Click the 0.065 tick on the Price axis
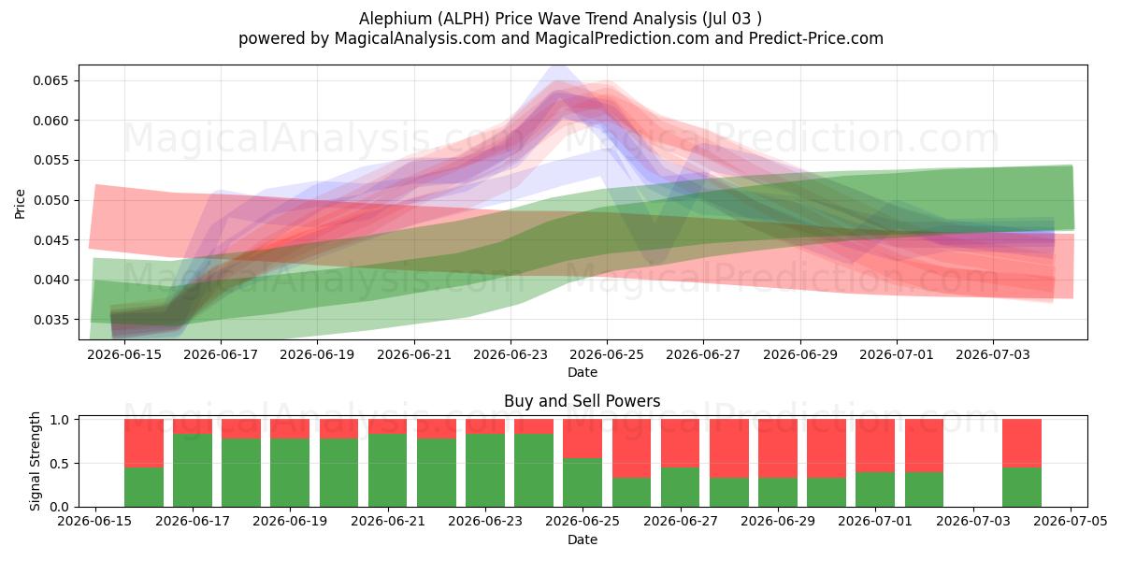pyautogui.click(x=50, y=80)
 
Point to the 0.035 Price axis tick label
pyautogui.click(x=50, y=320)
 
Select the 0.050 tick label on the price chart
pyautogui.click(x=50, y=200)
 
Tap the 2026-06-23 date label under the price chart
pyautogui.click(x=511, y=354)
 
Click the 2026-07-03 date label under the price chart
pyautogui.click(x=993, y=354)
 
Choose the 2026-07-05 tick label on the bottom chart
pyautogui.click(x=1071, y=521)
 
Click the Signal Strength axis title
pyautogui.click(x=35, y=461)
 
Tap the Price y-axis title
pyautogui.click(x=20, y=204)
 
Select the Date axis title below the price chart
pyautogui.click(x=583, y=372)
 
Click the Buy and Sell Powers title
pyautogui.click(x=582, y=401)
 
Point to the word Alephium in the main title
pyautogui.click(x=396, y=19)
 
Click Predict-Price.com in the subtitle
pyautogui.click(x=816, y=38)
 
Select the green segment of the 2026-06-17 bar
pyautogui.click(x=193, y=470)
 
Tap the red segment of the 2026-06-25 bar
pyautogui.click(x=582, y=439)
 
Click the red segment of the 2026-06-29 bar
pyautogui.click(x=777, y=449)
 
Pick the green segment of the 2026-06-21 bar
pyautogui.click(x=388, y=470)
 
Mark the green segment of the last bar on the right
pyautogui.click(x=1022, y=487)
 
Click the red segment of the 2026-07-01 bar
pyautogui.click(x=874, y=446)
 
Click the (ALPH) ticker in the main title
pyautogui.click(x=464, y=19)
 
